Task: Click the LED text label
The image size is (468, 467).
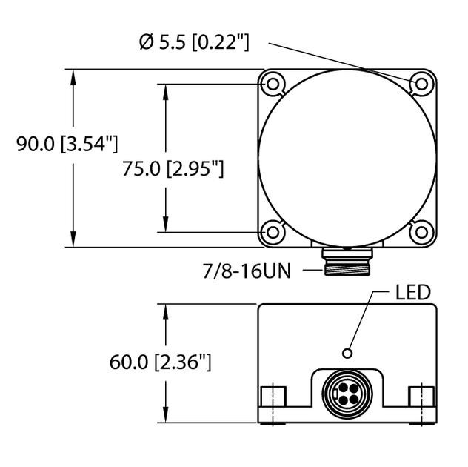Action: coord(412,292)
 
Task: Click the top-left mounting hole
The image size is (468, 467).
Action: coord(273,84)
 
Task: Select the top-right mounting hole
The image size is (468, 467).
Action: coord(421,84)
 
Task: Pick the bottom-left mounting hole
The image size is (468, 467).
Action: coord(273,232)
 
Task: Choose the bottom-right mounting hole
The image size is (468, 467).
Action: coord(421,232)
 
